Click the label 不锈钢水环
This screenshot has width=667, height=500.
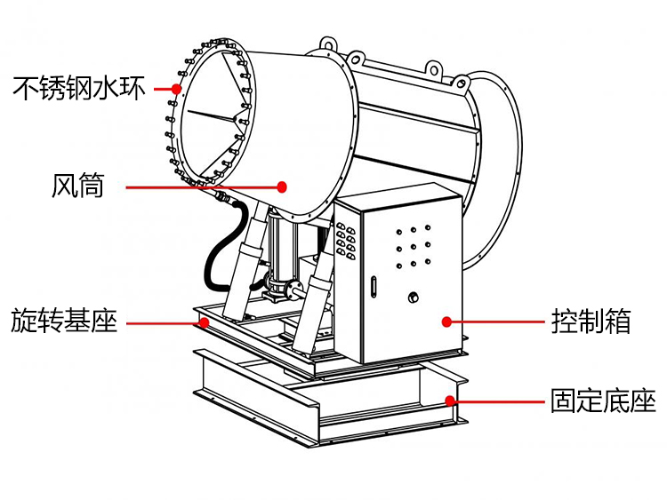coord(78,89)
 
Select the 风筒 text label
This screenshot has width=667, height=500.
coord(78,187)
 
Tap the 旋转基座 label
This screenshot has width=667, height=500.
coord(64,321)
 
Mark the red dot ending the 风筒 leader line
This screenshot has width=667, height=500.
coord(283,187)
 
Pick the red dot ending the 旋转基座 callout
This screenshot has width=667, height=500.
coord(205,321)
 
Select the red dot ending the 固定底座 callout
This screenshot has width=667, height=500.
coord(451,401)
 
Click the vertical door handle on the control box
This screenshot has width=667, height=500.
coord(374,289)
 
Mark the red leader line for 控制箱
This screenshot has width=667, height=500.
coord(498,321)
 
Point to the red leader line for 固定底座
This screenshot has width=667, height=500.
coord(498,401)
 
